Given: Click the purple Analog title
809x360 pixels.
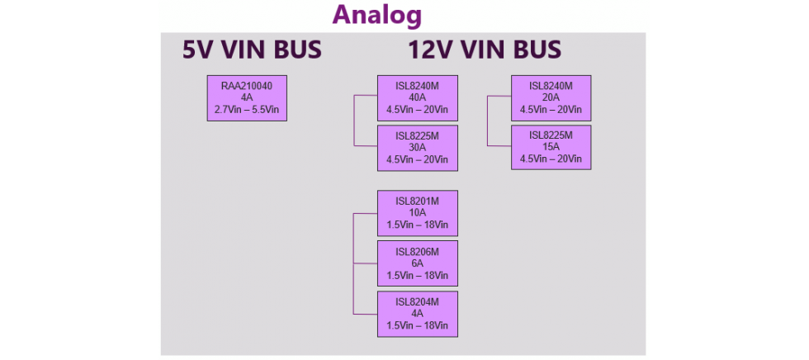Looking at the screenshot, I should point(376,15).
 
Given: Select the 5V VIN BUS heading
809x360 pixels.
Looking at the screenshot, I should point(252,50).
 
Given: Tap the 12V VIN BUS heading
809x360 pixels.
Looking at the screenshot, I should point(485,50).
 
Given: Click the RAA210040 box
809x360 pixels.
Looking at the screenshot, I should point(247,98).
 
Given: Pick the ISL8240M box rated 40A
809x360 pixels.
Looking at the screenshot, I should point(417,98).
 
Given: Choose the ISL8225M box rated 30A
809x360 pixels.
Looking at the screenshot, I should point(417,148).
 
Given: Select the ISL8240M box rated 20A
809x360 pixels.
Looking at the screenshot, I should point(551,98).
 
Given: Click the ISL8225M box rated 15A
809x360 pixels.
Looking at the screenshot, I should point(551,147).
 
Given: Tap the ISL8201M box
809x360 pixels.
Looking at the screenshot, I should point(417,213).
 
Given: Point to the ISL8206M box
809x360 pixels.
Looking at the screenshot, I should point(417,263).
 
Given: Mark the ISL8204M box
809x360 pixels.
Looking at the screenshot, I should point(417,313).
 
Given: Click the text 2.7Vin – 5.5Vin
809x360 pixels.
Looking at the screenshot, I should point(247,109).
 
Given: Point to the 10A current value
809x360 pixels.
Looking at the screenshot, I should point(417,212).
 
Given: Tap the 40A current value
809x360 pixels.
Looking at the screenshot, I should point(417,97).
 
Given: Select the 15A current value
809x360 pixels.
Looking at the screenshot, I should point(551,147).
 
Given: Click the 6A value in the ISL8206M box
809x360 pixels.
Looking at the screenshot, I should point(417,263).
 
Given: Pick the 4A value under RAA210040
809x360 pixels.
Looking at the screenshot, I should point(247,97).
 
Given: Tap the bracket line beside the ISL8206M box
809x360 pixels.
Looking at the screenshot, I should point(354,263).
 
